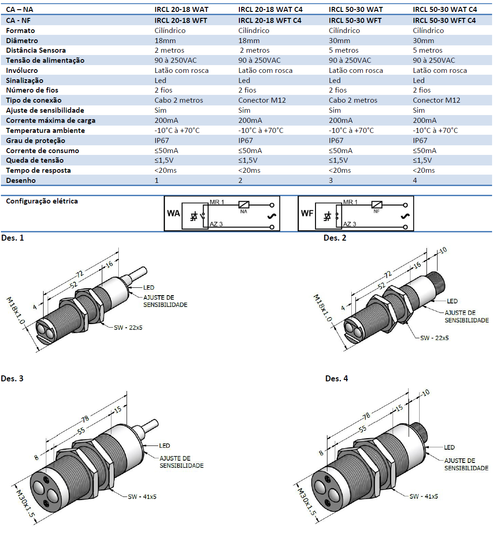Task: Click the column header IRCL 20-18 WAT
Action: (x=181, y=9)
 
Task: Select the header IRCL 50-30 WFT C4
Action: (x=444, y=20)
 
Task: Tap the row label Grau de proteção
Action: (x=35, y=140)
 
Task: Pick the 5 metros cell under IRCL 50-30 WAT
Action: (x=343, y=50)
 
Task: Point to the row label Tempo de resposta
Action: (x=38, y=170)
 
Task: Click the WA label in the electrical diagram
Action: (x=173, y=213)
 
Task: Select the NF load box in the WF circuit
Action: (x=377, y=205)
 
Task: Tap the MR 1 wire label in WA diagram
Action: (x=217, y=202)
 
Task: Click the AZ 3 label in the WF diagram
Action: (x=349, y=224)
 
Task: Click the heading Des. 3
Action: (x=12, y=378)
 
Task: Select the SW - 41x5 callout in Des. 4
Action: (x=423, y=496)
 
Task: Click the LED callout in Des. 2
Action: (x=452, y=301)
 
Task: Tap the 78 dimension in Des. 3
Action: (x=85, y=419)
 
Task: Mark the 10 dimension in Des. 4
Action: (x=426, y=393)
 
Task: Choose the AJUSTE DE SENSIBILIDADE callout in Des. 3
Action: (x=181, y=462)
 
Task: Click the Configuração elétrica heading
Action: (x=42, y=201)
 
